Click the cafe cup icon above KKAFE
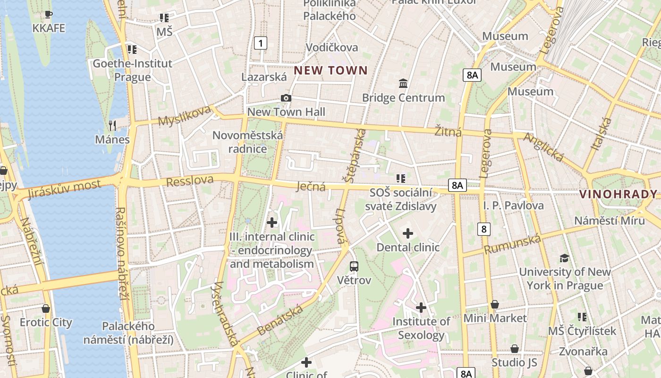pyautogui.click(x=48, y=14)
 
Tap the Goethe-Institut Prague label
pyautogui.click(x=132, y=70)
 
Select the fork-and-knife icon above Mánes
pyautogui.click(x=112, y=125)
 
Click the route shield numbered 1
pyautogui.click(x=260, y=43)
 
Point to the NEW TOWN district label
pyautogui.click(x=330, y=71)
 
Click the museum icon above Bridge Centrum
pyautogui.click(x=403, y=84)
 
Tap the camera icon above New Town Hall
pyautogui.click(x=286, y=98)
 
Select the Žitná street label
pyautogui.click(x=448, y=131)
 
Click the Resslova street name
pyautogui.click(x=189, y=181)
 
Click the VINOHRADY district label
pyautogui.click(x=618, y=194)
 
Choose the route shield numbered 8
pyautogui.click(x=483, y=229)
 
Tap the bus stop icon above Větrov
pyautogui.click(x=354, y=266)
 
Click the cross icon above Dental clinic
pyautogui.click(x=408, y=233)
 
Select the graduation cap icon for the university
pyautogui.click(x=564, y=258)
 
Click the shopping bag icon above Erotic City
pyautogui.click(x=46, y=309)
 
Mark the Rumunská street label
pyautogui.click(x=512, y=244)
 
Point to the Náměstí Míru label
pyautogui.click(x=609, y=221)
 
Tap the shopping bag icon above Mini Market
pyautogui.click(x=495, y=304)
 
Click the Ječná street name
pyautogui.click(x=311, y=187)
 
